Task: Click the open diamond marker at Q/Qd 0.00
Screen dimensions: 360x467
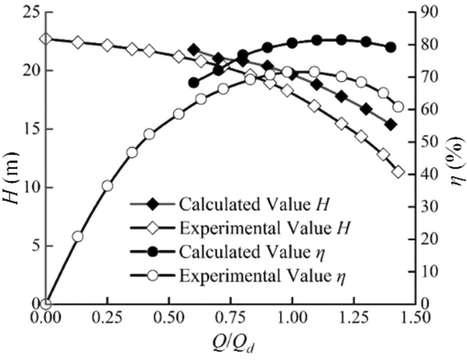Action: click(x=45, y=38)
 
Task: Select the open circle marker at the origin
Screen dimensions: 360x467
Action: click(x=45, y=303)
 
